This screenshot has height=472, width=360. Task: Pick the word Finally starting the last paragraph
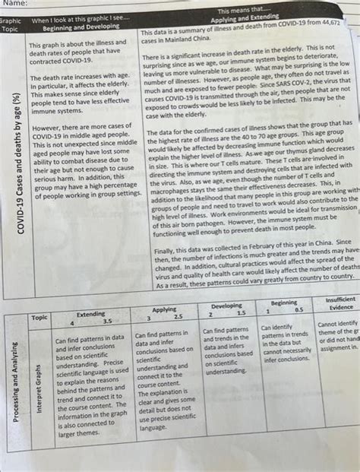[x=168, y=249]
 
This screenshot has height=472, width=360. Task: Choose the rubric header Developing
[x=227, y=306]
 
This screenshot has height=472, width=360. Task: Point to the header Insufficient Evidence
[x=339, y=303]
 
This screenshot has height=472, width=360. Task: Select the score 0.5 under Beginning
[x=298, y=310]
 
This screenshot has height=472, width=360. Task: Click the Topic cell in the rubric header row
[x=39, y=317]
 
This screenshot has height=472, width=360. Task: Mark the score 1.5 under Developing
[x=239, y=314]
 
